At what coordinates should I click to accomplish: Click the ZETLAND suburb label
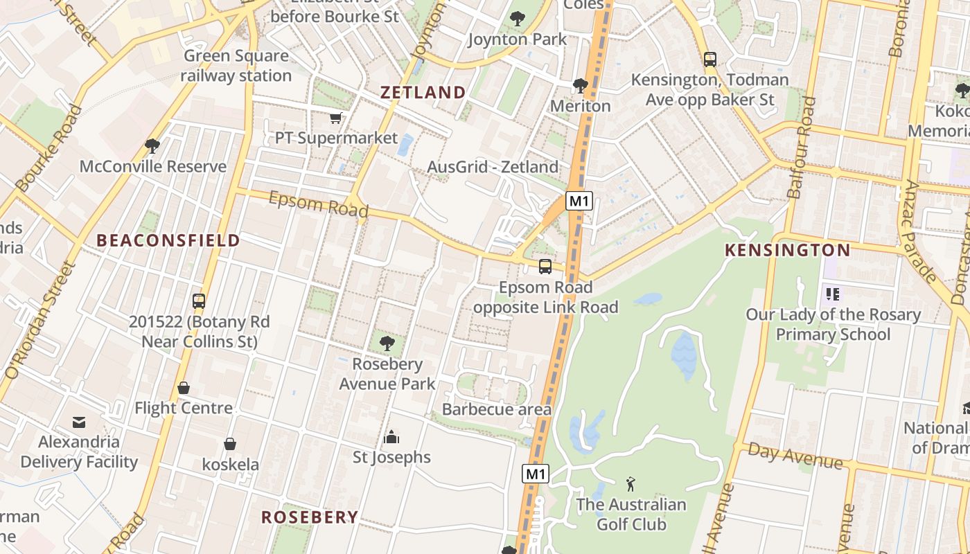point(423,92)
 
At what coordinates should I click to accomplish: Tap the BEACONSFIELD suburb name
point(168,240)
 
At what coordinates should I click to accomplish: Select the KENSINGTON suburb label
point(787,250)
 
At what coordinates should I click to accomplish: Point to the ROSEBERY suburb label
point(310,517)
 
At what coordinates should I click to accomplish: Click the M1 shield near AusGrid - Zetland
point(579,202)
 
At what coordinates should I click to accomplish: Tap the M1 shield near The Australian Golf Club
point(536,474)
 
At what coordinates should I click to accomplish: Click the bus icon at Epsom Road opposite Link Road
point(545,267)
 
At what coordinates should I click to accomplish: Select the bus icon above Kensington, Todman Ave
point(710,60)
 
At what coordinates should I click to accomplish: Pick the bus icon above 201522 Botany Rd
point(199,301)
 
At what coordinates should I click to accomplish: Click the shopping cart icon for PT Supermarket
point(336,118)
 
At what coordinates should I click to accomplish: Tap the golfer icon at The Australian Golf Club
point(630,483)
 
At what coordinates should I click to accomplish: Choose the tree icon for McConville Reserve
point(152,145)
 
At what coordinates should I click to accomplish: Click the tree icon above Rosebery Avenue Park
point(387,342)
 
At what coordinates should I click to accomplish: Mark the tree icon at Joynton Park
point(517,19)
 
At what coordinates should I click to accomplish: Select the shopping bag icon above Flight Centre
point(184,388)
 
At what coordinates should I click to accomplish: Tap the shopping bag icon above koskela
point(230,444)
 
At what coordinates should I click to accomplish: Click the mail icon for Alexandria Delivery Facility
point(79,422)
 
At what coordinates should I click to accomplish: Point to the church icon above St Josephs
point(391,437)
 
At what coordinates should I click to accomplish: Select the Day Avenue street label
point(795,458)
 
